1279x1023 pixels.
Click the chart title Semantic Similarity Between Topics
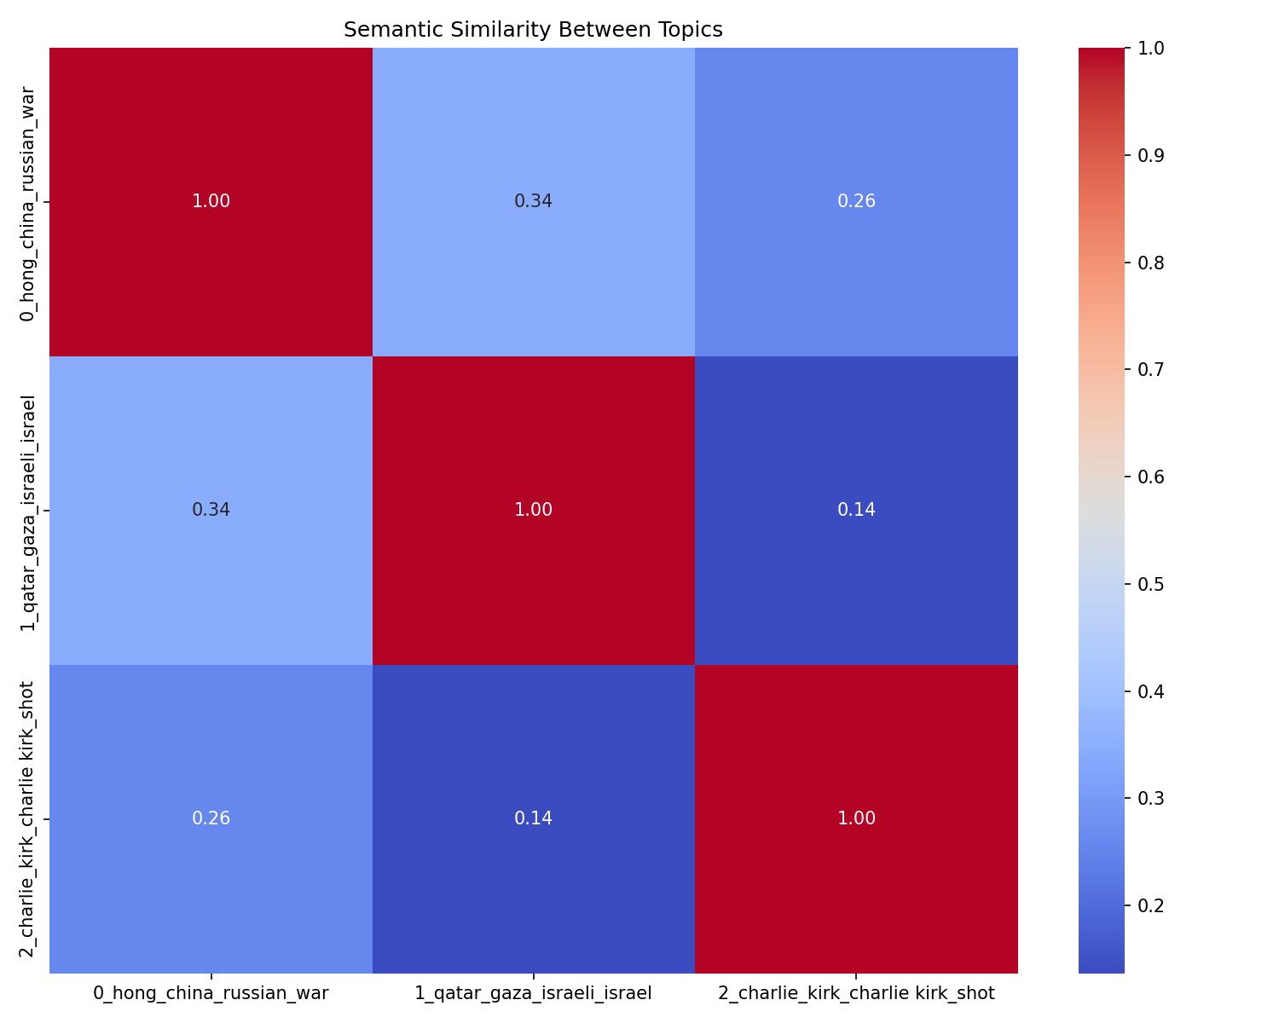533,30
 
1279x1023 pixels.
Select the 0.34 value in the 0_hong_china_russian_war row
533,202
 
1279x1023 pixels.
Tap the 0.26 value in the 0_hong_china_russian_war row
856,202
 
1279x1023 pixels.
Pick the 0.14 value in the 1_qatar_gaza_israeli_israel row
856,511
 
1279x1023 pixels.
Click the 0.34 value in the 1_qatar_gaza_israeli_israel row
211,511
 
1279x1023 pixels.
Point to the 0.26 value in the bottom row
211,819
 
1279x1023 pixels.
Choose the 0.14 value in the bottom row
533,819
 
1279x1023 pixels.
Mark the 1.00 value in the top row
211,202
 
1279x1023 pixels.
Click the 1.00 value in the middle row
533,511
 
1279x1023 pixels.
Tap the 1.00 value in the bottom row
856,819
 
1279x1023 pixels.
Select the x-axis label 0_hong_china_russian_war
211,993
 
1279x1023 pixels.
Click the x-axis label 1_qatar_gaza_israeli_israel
533,993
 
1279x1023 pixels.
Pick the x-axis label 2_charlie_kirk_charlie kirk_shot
856,993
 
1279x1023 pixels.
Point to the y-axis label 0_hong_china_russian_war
28,203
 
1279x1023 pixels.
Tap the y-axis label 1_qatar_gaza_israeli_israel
28,511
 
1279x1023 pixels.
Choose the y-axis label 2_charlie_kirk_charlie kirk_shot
28,818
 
